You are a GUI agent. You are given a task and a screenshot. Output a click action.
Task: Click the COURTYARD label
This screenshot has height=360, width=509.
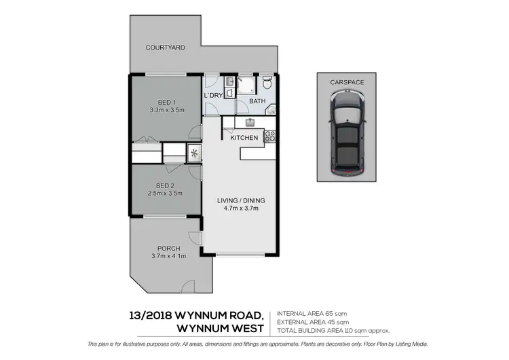pos(166,48)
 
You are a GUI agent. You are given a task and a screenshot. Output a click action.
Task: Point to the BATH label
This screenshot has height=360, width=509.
pos(257,102)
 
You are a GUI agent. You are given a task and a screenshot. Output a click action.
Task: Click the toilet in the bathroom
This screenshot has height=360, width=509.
pos(268,84)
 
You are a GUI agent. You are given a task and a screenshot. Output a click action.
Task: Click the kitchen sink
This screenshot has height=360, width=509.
pos(250,122)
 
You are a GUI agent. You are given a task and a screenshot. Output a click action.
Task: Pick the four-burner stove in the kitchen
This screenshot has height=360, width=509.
pos(269,135)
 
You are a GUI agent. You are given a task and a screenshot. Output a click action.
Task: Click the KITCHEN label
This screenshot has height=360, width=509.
pos(244,139)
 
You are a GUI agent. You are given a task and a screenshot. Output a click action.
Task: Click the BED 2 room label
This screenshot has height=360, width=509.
pos(165,185)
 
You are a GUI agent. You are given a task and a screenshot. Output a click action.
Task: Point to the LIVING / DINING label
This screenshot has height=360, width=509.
pos(241,200)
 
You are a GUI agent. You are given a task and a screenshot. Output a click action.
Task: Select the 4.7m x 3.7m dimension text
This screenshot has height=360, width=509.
pos(241,209)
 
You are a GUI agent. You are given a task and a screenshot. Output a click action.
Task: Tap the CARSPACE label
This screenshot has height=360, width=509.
pos(347,82)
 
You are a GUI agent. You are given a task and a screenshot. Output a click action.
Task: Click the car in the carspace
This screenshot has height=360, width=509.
pos(347,133)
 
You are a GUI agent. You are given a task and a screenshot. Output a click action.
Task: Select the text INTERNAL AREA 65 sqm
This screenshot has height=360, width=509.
pos(314,313)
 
